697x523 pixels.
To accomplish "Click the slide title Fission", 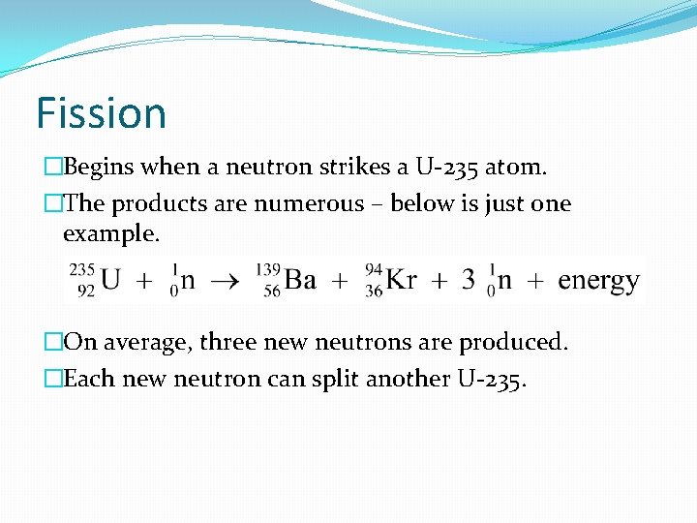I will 101,112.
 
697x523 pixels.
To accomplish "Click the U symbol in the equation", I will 111,281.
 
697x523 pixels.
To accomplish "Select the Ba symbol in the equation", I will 300,281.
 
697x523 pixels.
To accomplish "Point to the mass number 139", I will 269,269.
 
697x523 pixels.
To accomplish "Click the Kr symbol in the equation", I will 402,281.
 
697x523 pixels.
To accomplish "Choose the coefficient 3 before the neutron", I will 468,281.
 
